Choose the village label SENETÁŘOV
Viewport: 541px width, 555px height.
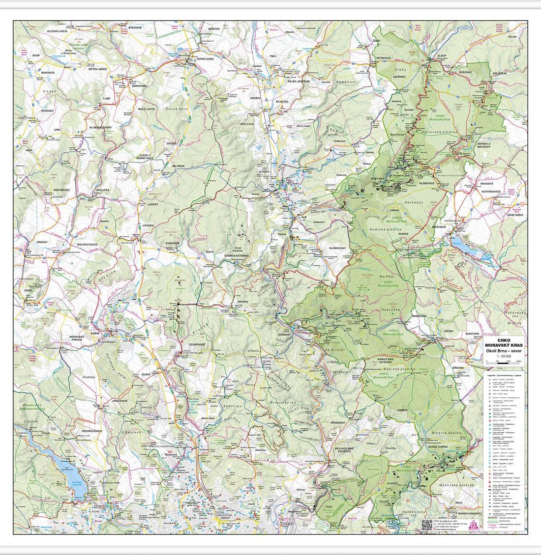(x=514, y=215)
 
